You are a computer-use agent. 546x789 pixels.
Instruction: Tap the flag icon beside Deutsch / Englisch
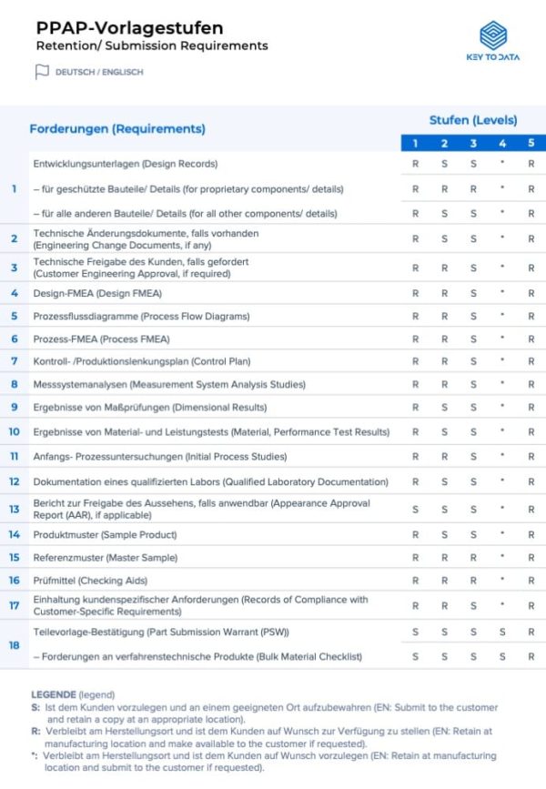[x=41, y=72]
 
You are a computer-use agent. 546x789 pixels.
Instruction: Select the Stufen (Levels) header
[x=473, y=120]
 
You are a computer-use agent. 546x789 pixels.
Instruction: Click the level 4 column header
[x=502, y=143]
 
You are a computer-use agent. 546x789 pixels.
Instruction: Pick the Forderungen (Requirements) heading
[x=117, y=129]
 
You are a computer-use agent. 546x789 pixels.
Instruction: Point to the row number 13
[x=15, y=510]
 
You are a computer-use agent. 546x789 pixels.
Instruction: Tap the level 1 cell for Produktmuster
[x=416, y=535]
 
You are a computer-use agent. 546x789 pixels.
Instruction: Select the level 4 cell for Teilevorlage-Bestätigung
[x=502, y=632]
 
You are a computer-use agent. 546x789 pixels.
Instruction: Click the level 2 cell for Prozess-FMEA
[x=445, y=339]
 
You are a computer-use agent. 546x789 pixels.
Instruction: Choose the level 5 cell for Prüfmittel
[x=531, y=581]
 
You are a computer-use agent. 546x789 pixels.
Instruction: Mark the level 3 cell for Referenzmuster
[x=473, y=558]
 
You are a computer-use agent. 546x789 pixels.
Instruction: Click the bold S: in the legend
[x=35, y=707]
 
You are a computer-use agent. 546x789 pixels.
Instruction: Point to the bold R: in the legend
[x=35, y=730]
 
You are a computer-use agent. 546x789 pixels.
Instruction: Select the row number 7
[x=15, y=361]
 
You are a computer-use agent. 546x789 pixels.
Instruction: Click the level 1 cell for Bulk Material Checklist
[x=416, y=656]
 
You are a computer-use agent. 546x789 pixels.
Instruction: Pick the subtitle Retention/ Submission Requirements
[x=152, y=46]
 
